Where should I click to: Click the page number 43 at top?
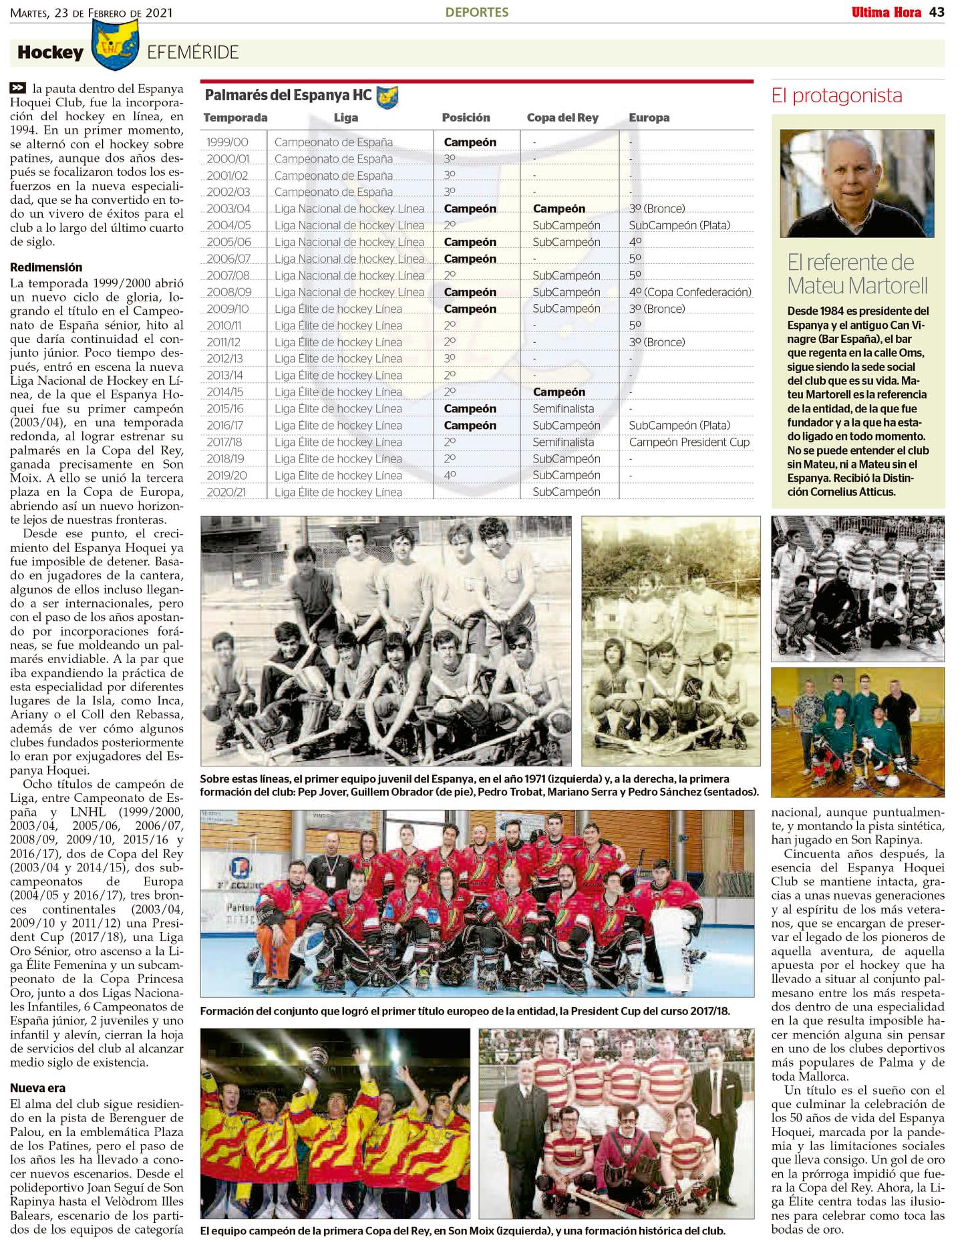tap(937, 12)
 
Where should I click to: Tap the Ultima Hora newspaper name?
tap(886, 12)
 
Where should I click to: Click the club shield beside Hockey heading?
tap(114, 44)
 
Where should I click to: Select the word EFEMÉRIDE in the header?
tap(192, 53)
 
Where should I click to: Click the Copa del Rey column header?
tap(562, 118)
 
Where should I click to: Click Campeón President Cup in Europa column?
tap(689, 442)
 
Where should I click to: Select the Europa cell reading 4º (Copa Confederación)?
tap(689, 292)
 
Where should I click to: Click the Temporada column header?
tap(235, 118)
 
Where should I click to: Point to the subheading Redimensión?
tap(46, 267)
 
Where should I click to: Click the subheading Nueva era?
tap(37, 1088)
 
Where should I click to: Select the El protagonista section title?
tap(836, 96)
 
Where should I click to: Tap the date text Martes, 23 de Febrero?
tap(91, 13)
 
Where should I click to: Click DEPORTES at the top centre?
tap(477, 12)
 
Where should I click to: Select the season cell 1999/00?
tap(227, 142)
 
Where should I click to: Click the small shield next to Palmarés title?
tap(387, 98)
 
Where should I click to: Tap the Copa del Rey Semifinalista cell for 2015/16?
tap(562, 409)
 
